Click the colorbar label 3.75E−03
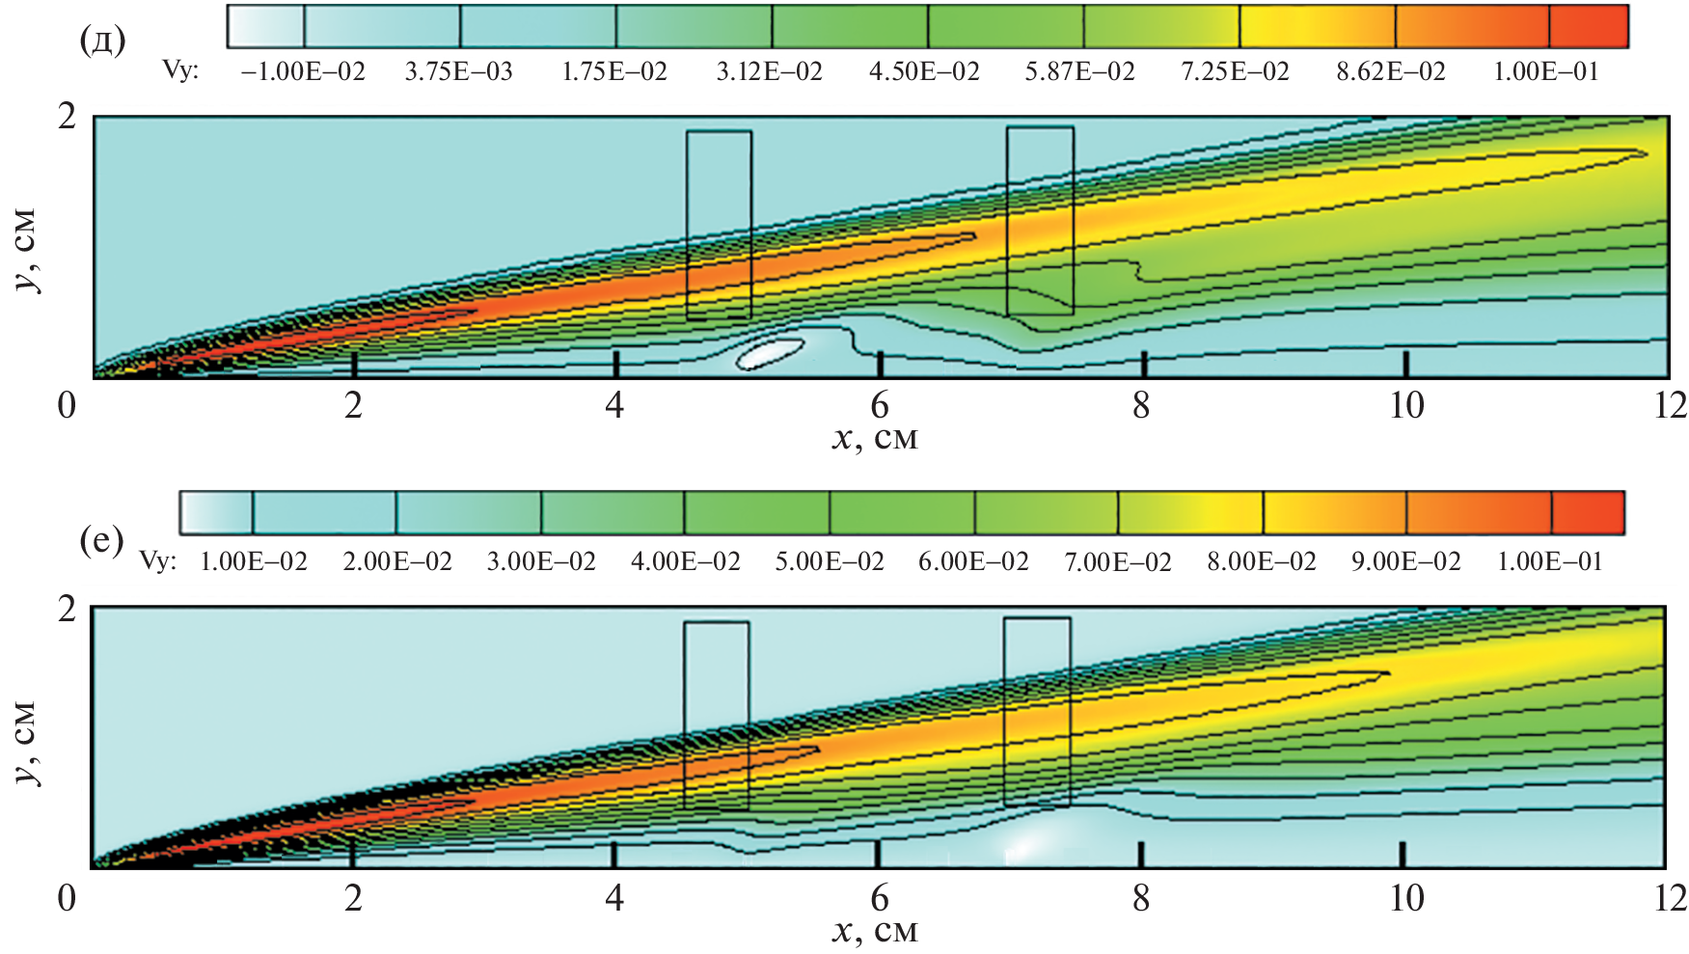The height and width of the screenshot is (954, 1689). (458, 72)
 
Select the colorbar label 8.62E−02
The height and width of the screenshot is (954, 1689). (1390, 72)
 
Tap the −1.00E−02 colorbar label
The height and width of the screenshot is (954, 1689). (303, 72)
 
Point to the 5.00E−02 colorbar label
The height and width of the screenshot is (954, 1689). (830, 562)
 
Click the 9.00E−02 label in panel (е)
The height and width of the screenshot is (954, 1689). (1405, 562)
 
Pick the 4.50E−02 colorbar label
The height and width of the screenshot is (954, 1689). (924, 72)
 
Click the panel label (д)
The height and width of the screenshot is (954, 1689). (102, 41)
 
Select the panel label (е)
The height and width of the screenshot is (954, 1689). (101, 541)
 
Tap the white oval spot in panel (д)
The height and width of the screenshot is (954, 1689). (770, 352)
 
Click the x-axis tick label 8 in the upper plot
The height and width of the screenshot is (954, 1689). (1141, 406)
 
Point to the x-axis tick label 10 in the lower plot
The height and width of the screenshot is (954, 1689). (1406, 898)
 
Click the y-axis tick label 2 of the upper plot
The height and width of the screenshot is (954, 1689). (67, 117)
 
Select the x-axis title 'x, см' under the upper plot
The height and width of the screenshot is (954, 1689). (875, 439)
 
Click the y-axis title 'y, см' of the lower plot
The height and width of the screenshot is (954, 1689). (26, 743)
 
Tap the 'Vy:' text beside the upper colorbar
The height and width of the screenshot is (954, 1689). (180, 71)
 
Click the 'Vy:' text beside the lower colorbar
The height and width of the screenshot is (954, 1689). (158, 561)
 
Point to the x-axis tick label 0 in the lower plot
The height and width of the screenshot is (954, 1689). (67, 898)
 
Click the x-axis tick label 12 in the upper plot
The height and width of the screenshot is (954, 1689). (1670, 406)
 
